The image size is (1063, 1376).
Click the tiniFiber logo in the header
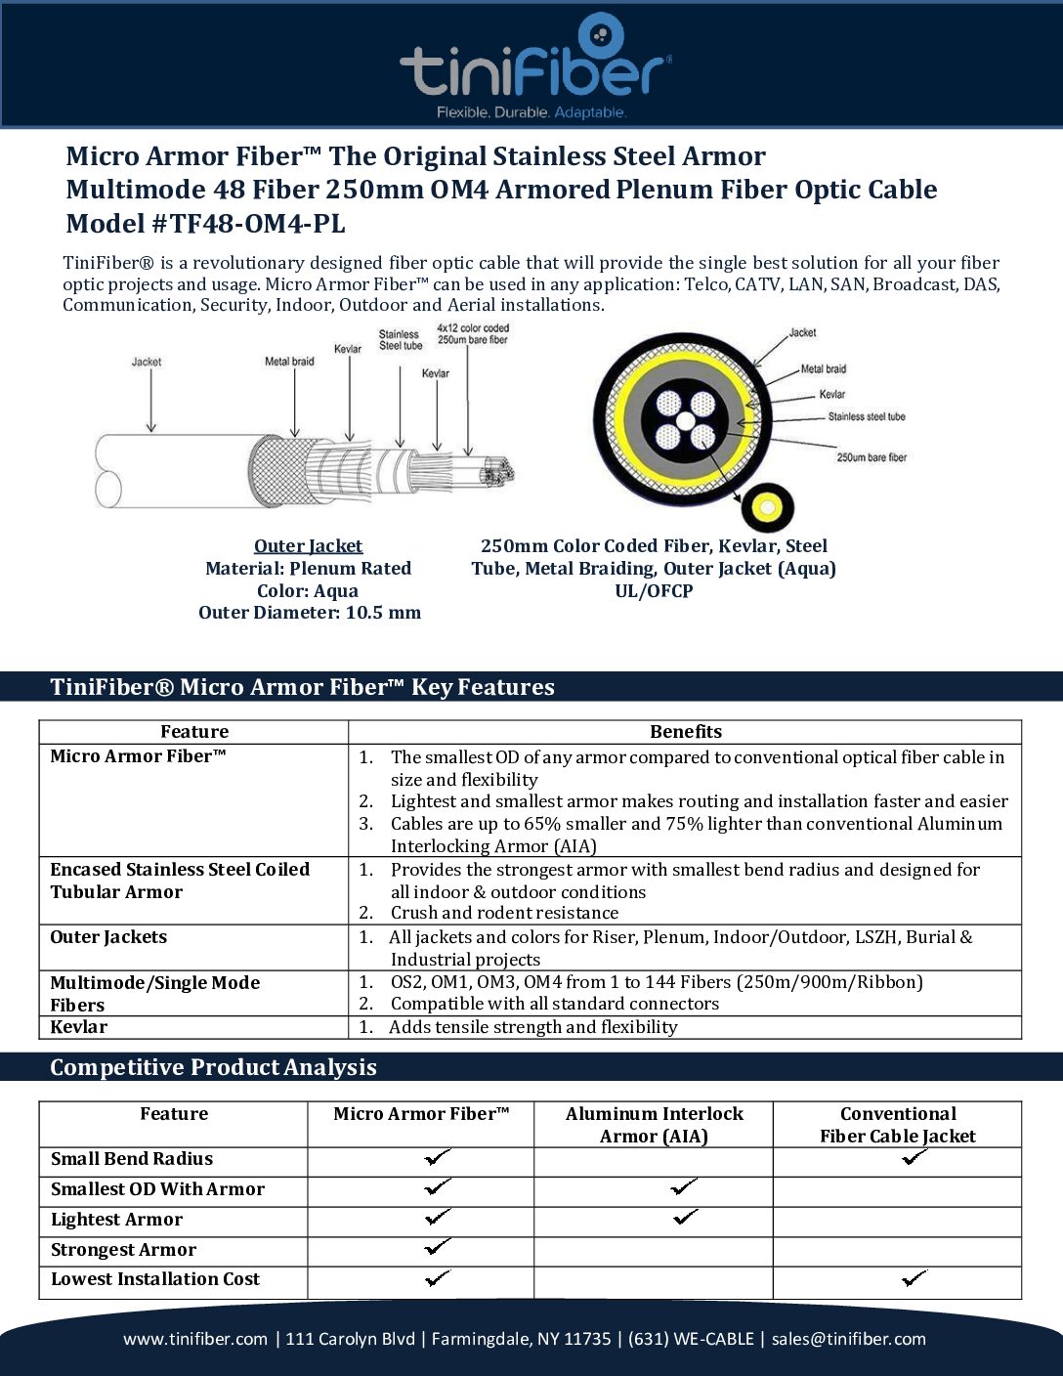click(x=534, y=66)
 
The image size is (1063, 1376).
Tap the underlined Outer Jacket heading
click(x=308, y=546)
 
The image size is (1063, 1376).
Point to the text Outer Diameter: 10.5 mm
click(x=310, y=613)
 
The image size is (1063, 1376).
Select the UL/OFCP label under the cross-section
click(x=654, y=591)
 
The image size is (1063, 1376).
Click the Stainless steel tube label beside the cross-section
click(x=867, y=417)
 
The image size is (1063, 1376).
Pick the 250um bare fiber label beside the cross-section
click(x=872, y=457)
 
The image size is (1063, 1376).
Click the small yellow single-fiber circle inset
click(x=767, y=507)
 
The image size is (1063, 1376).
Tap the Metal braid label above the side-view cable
click(x=289, y=362)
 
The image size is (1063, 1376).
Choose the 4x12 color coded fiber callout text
click(x=473, y=334)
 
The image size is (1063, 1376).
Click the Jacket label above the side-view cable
click(x=147, y=362)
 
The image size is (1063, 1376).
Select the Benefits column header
click(x=686, y=732)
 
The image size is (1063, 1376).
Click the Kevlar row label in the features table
click(x=79, y=1027)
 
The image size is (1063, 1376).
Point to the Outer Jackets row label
click(x=108, y=937)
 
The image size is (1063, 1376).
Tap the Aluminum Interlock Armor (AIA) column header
click(x=654, y=1125)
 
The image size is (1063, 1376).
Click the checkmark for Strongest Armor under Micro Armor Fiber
click(x=438, y=1247)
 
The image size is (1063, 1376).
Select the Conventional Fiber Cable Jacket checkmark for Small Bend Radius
click(x=915, y=1157)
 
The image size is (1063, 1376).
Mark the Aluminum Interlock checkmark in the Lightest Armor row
click(x=686, y=1218)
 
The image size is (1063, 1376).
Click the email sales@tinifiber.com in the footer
click(x=848, y=1339)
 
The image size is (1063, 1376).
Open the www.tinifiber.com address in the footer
click(x=195, y=1339)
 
